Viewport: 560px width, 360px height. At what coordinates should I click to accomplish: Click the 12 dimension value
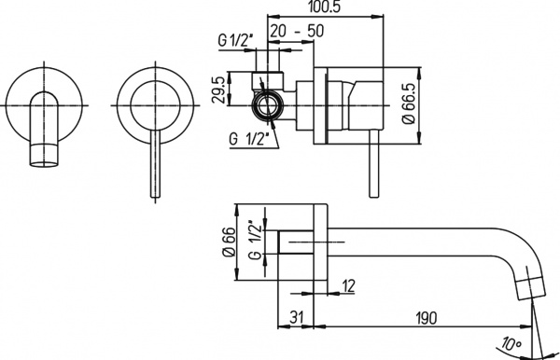[x=348, y=285]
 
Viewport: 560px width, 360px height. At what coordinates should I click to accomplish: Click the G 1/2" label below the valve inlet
[x=249, y=139]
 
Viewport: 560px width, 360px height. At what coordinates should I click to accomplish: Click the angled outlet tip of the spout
[x=529, y=285]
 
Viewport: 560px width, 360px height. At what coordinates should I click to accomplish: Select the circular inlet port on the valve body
[x=269, y=104]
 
